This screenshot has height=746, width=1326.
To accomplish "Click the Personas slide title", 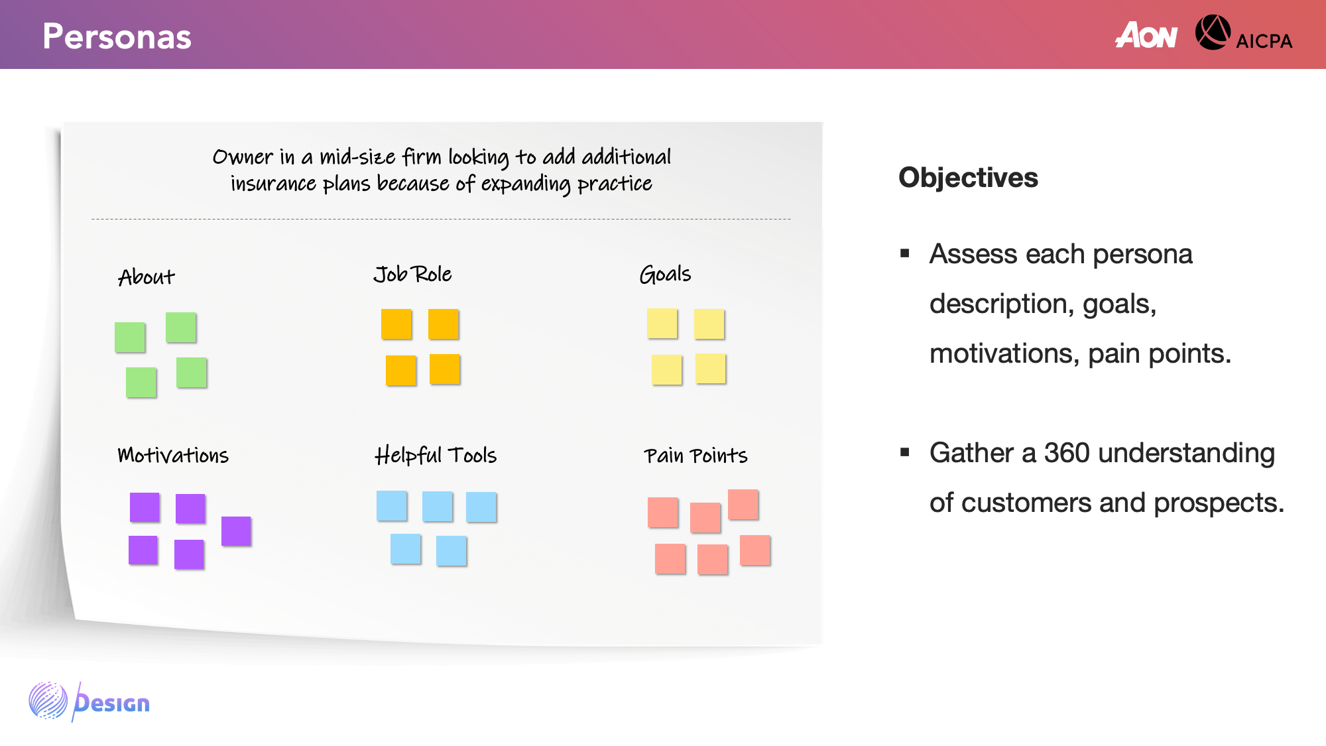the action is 117,36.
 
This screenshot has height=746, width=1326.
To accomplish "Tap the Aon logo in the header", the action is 1146,35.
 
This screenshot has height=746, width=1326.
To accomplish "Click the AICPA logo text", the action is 1264,41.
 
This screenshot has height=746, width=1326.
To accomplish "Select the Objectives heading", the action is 968,178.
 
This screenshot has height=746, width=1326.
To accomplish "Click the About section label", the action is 147,277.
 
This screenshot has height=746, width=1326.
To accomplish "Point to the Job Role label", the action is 412,274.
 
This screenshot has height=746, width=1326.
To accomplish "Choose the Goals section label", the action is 665,274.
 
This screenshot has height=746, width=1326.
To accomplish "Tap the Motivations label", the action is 173,455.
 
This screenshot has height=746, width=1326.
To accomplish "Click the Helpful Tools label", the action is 436,455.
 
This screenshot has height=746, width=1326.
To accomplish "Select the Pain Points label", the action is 695,456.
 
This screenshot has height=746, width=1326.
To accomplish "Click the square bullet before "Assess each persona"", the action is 905,253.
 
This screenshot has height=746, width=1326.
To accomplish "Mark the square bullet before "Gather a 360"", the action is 905,452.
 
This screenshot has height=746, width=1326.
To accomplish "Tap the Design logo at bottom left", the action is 90,702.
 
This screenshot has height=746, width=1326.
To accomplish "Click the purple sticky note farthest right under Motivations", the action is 236,531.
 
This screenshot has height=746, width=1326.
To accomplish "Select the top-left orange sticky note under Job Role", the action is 396,324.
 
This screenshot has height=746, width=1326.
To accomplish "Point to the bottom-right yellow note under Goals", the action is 711,369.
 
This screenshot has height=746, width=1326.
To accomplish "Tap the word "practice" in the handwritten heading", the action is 615,184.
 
